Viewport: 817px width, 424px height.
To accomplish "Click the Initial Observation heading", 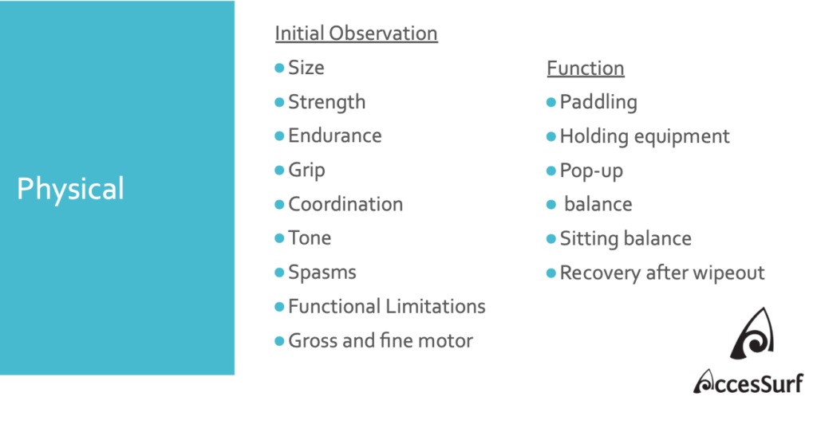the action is tap(357, 33).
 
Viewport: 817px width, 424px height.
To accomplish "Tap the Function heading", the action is tap(586, 69).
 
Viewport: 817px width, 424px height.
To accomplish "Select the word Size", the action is tap(306, 68).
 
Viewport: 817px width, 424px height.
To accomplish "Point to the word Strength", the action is tap(327, 103).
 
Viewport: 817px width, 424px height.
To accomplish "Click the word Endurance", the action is tap(335, 135).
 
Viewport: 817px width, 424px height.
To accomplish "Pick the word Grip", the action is tap(307, 171).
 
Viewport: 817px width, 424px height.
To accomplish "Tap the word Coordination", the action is tap(346, 204).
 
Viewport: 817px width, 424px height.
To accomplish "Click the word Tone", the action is tap(310, 238).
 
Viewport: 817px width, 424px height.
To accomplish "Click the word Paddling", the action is tap(598, 103).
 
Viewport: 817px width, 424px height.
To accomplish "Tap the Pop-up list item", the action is tap(591, 171).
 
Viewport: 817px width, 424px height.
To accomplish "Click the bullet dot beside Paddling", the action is tap(551, 103).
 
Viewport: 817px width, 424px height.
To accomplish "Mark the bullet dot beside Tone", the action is tap(279, 238).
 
